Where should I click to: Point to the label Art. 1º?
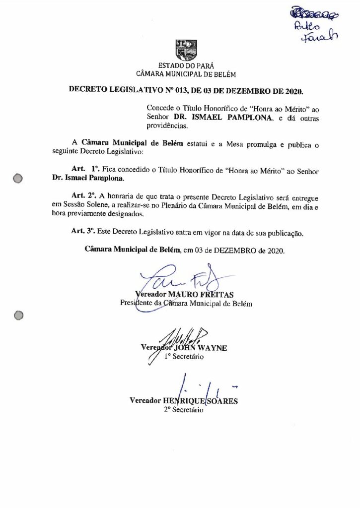pyautogui.click(x=83, y=169)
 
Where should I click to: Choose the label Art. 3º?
pyautogui.click(x=83, y=232)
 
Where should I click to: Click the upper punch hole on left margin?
pyautogui.click(x=19, y=178)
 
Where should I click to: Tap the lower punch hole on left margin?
pyautogui.click(x=18, y=315)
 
